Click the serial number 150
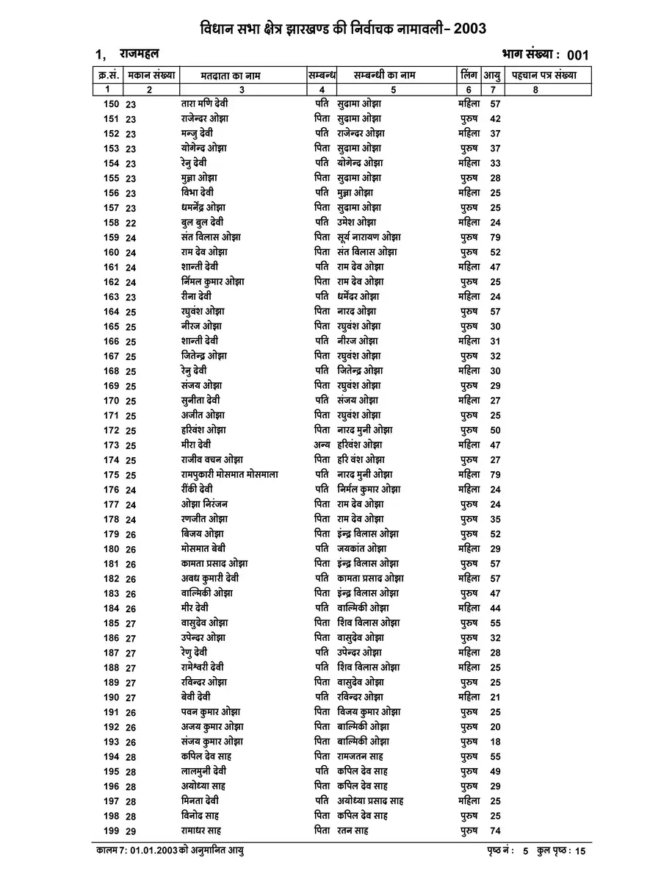point(111,104)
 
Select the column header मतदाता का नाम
point(231,75)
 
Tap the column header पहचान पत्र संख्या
point(544,75)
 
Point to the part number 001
point(577,56)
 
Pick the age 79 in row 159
point(495,237)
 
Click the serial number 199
point(111,831)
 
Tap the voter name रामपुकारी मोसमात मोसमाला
point(229,475)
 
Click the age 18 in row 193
point(495,742)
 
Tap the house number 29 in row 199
point(131,831)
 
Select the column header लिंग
point(469,75)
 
